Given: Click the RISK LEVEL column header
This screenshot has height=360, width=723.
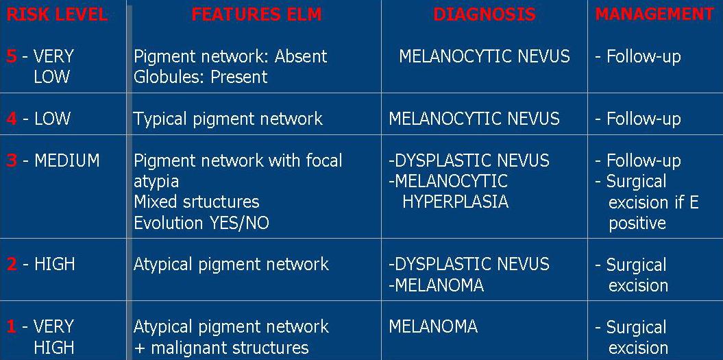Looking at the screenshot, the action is tap(57, 14).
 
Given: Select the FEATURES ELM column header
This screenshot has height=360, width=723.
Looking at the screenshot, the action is tap(256, 14).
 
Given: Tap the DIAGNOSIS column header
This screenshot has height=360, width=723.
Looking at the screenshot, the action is tap(484, 14).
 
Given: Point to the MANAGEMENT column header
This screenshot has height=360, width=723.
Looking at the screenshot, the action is tap(654, 14).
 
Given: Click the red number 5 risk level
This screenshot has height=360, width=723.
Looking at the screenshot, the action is tap(12, 56).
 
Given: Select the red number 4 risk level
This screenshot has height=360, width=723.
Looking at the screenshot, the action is tap(12, 119).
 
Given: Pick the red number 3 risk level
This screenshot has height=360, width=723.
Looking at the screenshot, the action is tap(12, 160).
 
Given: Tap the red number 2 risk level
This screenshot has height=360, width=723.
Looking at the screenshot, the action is tap(12, 264).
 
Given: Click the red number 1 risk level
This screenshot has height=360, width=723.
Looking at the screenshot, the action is tap(11, 326).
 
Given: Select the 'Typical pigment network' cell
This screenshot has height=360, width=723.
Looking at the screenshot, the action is tap(228, 119).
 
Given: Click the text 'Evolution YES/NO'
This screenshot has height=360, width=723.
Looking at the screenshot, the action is tap(201, 223).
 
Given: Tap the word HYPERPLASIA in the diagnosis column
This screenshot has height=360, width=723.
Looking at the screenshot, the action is tap(456, 202).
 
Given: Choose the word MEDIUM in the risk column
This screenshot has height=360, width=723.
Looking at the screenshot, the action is tap(67, 160).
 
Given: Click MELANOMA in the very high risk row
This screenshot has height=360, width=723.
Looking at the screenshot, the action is tap(433, 326).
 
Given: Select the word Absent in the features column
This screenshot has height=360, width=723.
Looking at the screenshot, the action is tap(301, 56).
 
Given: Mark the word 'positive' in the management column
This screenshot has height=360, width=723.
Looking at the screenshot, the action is tap(637, 224).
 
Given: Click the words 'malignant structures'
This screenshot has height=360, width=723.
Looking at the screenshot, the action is tap(230, 348).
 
